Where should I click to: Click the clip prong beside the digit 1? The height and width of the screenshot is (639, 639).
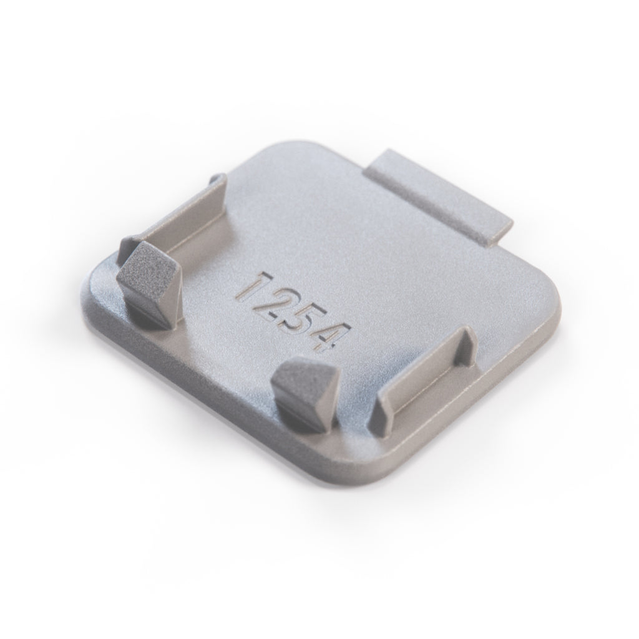click(x=149, y=284)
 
